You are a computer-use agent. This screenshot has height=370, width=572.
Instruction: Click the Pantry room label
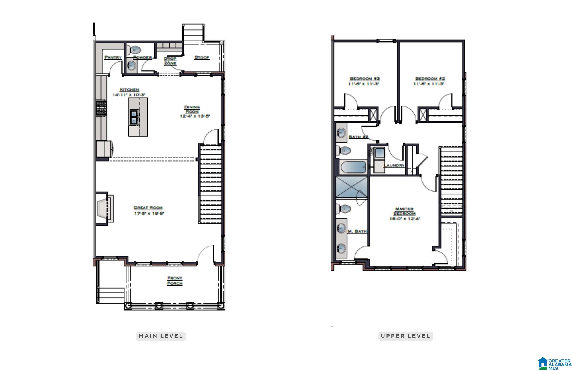click(113, 57)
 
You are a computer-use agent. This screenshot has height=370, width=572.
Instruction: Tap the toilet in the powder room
click(134, 50)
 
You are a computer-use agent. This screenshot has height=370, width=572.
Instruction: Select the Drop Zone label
click(170, 61)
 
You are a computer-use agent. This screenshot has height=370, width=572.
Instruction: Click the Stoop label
click(202, 57)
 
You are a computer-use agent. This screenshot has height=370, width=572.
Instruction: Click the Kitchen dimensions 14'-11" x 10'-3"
click(129, 95)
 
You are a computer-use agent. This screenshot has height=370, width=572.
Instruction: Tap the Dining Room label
click(192, 109)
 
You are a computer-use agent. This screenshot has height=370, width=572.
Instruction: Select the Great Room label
click(148, 208)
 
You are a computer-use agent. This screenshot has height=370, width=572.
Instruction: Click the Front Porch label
click(175, 281)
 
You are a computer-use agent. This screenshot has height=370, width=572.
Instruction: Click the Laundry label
click(394, 165)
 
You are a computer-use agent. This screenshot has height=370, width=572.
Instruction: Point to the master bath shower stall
click(351, 187)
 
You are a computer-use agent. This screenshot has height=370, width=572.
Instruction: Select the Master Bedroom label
click(404, 211)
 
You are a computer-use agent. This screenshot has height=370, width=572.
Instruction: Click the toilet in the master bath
click(343, 209)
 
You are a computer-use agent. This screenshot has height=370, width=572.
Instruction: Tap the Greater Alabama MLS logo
click(555, 364)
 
